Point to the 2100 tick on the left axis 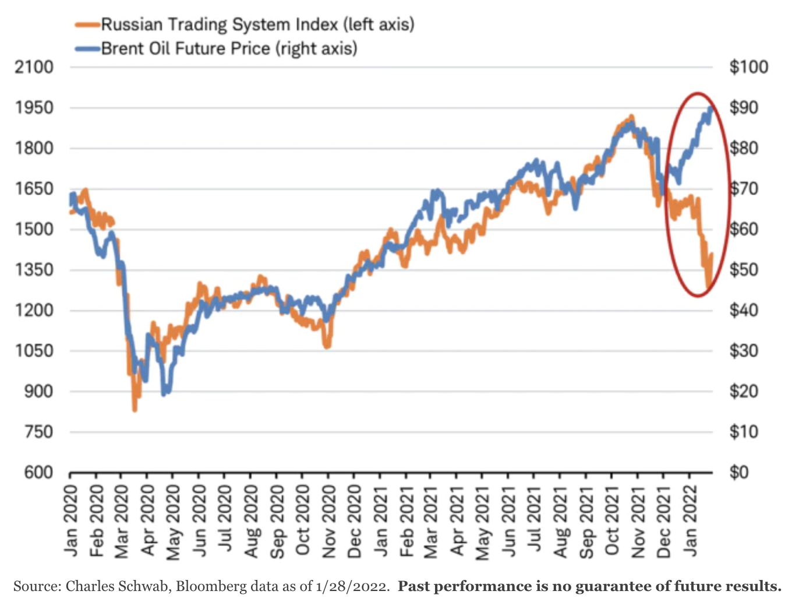(34, 67)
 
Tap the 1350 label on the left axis (34, 270)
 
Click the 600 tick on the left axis (38, 472)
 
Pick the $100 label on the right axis (748, 67)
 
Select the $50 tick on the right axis (744, 270)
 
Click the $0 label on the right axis (739, 472)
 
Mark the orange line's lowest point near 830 (135, 409)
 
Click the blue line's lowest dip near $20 (165, 394)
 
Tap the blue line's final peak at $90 (710, 108)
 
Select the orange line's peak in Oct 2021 (631, 117)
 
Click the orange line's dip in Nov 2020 (327, 346)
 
